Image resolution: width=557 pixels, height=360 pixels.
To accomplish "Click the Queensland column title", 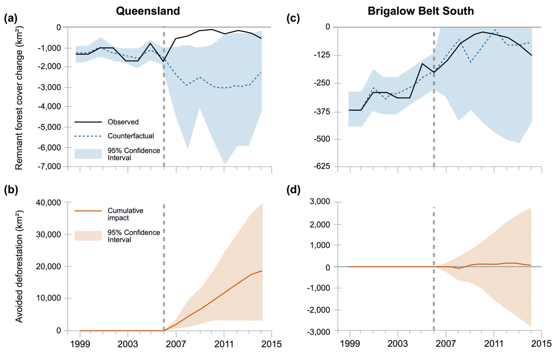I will click(x=148, y=11).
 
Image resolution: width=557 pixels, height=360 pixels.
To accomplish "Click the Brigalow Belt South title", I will click(x=421, y=11).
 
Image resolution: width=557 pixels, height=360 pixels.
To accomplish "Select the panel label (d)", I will click(x=294, y=190).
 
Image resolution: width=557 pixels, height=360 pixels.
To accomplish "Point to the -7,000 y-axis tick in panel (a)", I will click(x=49, y=166).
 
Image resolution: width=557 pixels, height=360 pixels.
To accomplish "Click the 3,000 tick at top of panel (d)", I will click(x=320, y=202).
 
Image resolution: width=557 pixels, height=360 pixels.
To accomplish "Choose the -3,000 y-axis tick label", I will click(x=318, y=331).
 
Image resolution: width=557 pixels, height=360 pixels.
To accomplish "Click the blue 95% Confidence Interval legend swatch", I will click(x=88, y=154).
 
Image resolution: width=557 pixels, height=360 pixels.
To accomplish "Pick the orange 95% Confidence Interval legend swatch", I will click(x=88, y=236).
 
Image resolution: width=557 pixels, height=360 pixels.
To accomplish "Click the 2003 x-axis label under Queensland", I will click(x=128, y=344).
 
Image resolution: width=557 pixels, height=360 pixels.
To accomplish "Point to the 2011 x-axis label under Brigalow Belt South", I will click(x=494, y=344).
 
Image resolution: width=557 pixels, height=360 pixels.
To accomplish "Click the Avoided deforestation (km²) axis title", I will click(x=19, y=266).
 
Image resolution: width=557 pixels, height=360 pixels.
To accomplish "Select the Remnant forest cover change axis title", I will click(x=19, y=98).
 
